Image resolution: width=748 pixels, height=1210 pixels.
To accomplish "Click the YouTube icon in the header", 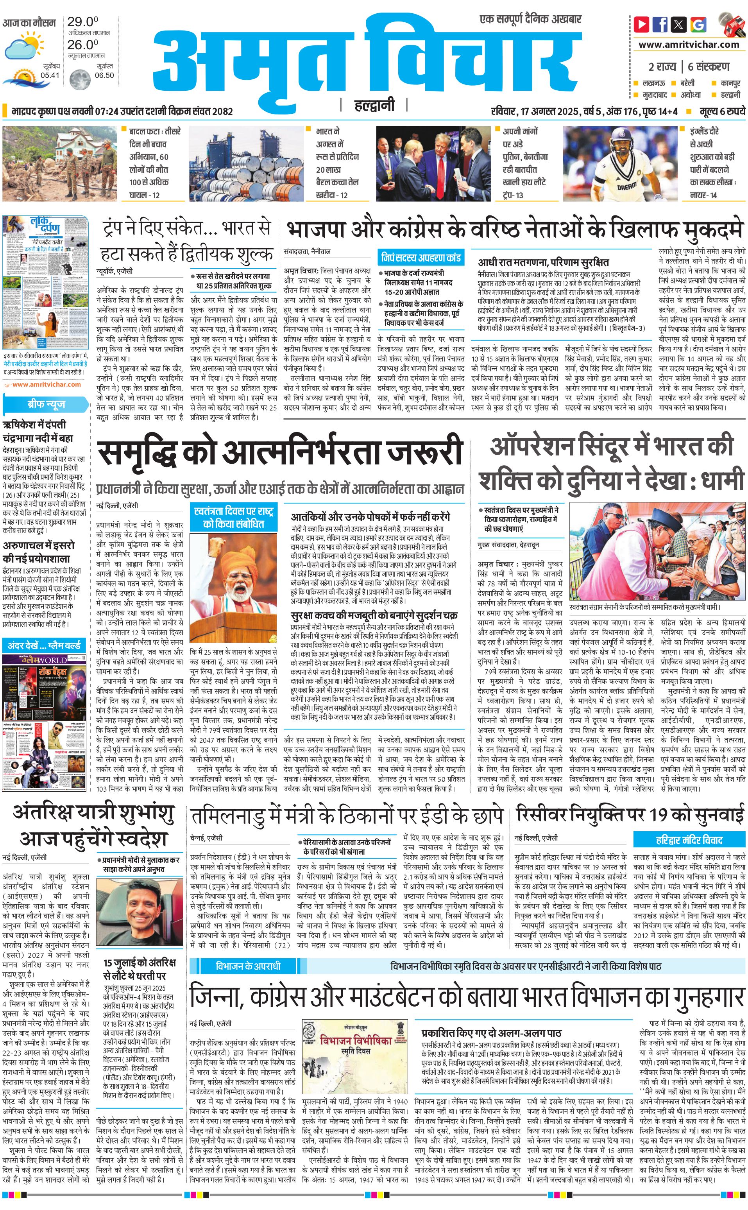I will coord(642,24).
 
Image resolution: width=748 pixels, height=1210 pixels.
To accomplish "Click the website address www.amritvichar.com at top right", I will coord(689,45).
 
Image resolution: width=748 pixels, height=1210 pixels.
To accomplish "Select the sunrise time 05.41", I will coord(50,75).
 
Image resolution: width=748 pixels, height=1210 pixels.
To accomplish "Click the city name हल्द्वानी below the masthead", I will coord(374,105).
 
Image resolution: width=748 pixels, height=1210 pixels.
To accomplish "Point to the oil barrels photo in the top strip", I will coord(246,164).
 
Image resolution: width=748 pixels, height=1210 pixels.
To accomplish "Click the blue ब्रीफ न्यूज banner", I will coord(46,404).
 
